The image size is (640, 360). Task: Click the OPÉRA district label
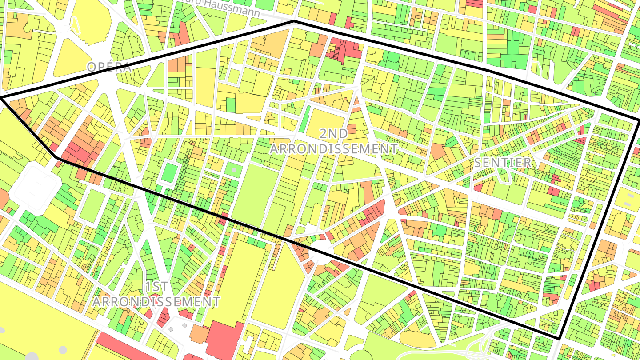pos(109,68)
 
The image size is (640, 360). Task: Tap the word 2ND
pos(334,133)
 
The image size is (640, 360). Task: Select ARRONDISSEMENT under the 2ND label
pos(334,149)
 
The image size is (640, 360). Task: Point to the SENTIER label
pos(502,163)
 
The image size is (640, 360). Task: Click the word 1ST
pos(156,285)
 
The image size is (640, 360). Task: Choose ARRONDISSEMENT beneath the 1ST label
pos(156,302)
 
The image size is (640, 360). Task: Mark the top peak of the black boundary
pos(293,21)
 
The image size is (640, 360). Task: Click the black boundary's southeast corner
pos(559,339)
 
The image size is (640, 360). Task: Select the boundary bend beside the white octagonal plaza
pos(56,157)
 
